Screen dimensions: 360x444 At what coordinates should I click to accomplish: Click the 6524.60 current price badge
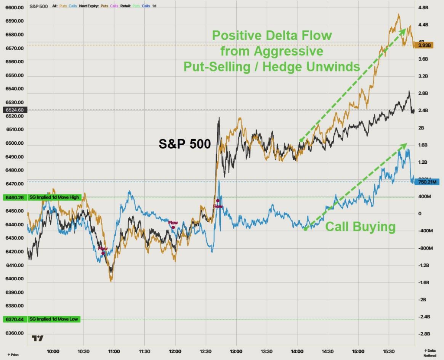pos(14,110)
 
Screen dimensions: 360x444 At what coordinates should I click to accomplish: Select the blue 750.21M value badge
pos(427,182)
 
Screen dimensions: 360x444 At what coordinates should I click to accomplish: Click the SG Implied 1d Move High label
pos(54,197)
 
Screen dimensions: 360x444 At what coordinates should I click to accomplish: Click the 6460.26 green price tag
pos(14,197)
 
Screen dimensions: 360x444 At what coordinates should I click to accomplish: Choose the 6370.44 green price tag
pos(14,319)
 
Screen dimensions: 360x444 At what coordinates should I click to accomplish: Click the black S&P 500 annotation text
pos(184,143)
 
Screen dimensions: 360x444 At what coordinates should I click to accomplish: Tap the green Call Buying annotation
pos(360,227)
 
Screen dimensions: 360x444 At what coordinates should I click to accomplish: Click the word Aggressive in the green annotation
pos(271,51)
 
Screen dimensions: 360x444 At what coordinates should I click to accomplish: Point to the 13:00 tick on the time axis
pos(236,351)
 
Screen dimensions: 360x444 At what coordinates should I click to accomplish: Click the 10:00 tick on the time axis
pos(53,351)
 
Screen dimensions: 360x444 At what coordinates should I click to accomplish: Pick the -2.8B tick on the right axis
pos(423,334)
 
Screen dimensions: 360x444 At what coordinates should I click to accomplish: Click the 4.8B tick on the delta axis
pos(423,7)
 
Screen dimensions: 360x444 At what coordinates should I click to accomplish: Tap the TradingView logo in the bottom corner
pos(38,338)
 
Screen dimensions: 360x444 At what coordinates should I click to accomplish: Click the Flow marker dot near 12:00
pos(173,227)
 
